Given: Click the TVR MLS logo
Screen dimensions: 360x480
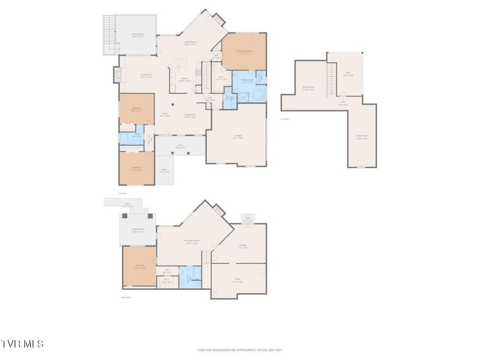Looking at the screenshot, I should [x=22, y=344].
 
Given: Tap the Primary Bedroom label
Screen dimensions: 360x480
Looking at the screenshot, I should [x=244, y=52].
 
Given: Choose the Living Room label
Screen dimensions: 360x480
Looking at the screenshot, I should [x=146, y=75].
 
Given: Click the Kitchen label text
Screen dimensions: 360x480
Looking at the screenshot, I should [x=185, y=79].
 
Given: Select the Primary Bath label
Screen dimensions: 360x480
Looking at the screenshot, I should [x=247, y=81].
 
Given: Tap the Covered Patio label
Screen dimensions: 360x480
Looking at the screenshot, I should [x=138, y=230].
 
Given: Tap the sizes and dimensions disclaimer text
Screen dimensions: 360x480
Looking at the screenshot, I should [x=239, y=350].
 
